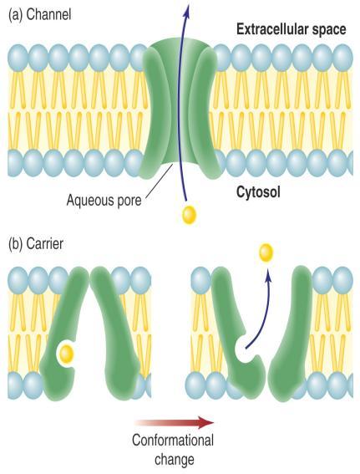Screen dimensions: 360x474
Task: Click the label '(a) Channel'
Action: pos(40,15)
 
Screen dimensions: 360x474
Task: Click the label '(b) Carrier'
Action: pos(36,243)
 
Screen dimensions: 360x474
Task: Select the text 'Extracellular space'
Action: pos(292,29)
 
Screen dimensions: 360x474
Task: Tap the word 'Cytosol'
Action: pos(258,191)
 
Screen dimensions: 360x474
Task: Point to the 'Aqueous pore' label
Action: pos(104,200)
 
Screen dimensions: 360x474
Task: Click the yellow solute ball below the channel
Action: pos(189,215)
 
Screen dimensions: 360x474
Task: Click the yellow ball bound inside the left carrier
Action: pos(66,353)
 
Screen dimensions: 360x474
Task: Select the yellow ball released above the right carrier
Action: pos(266,252)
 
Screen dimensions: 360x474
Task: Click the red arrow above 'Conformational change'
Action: pos(175,423)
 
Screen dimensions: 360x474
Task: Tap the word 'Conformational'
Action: pos(173,440)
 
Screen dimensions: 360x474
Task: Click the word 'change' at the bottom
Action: pos(175,460)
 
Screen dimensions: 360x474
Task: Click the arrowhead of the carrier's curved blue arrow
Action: pos(267,275)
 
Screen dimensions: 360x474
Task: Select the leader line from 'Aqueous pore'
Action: pos(160,181)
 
